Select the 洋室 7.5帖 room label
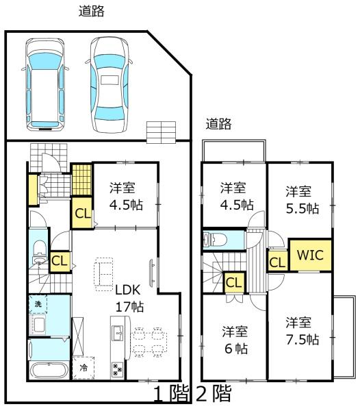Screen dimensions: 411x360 click(302, 331)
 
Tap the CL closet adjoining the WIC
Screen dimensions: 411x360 click(277, 262)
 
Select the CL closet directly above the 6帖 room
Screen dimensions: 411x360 click(233, 282)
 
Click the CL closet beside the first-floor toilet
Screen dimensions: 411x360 click(60, 260)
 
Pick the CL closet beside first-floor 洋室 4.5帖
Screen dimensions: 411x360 click(82, 212)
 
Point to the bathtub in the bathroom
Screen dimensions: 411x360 click(48, 371)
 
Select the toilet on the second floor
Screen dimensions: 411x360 click(216, 240)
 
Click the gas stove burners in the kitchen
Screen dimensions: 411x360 click(116, 369)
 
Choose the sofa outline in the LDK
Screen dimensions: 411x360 click(105, 273)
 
